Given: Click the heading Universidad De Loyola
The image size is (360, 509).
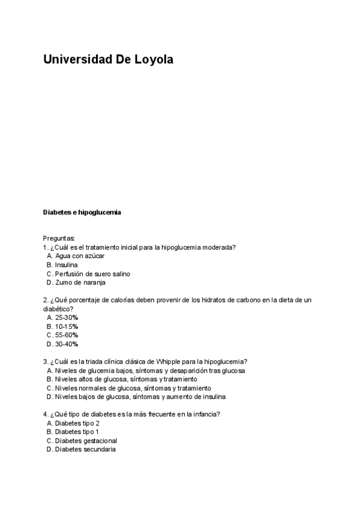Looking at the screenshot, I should [x=108, y=60].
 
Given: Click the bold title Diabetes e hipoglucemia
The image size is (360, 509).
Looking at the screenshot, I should [x=82, y=212].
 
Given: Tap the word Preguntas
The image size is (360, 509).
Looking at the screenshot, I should [x=59, y=238].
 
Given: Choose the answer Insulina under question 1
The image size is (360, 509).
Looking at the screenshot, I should [x=66, y=265].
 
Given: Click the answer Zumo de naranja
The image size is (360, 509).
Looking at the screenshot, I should [x=80, y=283].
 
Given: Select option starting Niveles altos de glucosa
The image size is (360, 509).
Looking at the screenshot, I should [x=125, y=379].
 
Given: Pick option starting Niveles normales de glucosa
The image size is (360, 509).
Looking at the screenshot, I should [x=133, y=388].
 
